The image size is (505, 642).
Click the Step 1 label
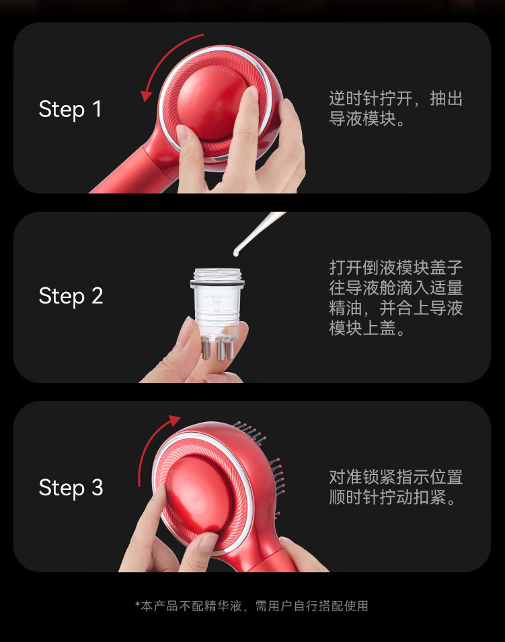[70, 109]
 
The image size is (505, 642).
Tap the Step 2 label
[71, 295]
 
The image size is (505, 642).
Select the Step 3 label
[71, 487]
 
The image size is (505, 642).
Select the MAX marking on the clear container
[217, 296]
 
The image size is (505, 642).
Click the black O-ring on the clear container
[217, 283]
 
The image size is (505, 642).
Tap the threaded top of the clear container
[217, 274]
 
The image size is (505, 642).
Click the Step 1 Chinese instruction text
[396, 109]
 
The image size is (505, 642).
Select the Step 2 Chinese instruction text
[396, 297]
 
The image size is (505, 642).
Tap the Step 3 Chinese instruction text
[396, 487]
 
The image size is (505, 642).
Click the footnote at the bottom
[251, 606]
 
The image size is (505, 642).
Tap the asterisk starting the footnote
[137, 604]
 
